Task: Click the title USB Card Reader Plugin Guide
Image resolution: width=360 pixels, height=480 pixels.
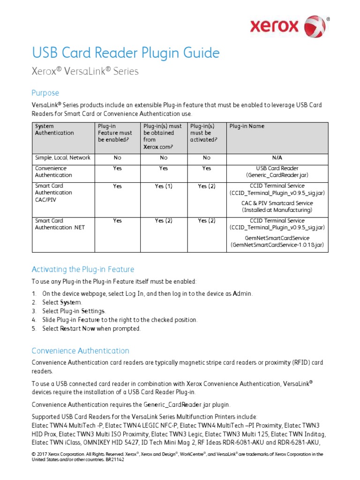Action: tap(125, 53)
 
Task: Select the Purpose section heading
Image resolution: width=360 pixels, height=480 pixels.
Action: tap(45, 93)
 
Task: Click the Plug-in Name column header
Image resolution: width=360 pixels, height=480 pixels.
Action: tap(247, 126)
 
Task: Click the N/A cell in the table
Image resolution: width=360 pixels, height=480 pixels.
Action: tap(277, 157)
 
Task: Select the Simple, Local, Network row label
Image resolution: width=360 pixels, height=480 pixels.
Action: tap(63, 157)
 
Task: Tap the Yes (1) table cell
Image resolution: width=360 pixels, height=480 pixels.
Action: tap(164, 186)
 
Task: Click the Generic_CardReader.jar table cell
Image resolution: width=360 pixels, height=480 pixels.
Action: tap(277, 175)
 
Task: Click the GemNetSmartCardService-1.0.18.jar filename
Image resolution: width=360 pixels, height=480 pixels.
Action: tap(277, 245)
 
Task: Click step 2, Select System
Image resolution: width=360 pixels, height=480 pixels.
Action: tap(62, 302)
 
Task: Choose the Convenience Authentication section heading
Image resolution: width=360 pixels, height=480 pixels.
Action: tap(80, 351)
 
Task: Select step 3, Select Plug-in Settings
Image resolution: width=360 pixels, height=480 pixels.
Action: tap(74, 311)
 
